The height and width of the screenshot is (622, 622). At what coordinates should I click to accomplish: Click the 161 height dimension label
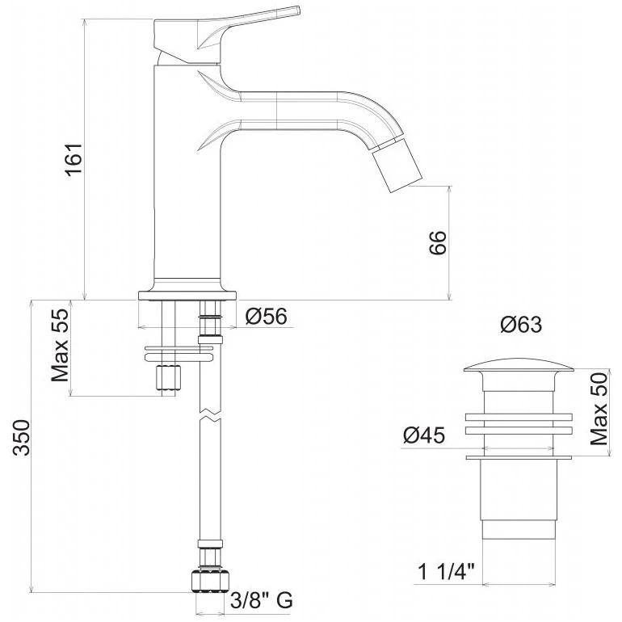click(74, 158)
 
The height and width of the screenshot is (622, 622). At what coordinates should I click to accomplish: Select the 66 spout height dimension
click(438, 242)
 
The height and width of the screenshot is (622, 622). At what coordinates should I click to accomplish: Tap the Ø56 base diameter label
click(266, 317)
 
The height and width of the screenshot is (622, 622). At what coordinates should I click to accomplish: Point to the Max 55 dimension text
click(61, 346)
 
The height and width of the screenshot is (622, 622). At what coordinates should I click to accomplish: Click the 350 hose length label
click(22, 438)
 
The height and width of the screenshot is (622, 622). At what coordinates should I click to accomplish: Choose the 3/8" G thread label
click(262, 600)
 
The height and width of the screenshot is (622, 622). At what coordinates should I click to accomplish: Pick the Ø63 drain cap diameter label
click(521, 325)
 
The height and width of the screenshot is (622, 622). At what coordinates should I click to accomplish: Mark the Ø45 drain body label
click(424, 435)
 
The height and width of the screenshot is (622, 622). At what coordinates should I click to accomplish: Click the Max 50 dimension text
click(599, 409)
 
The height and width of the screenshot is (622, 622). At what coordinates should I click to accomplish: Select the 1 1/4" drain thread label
click(447, 573)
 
